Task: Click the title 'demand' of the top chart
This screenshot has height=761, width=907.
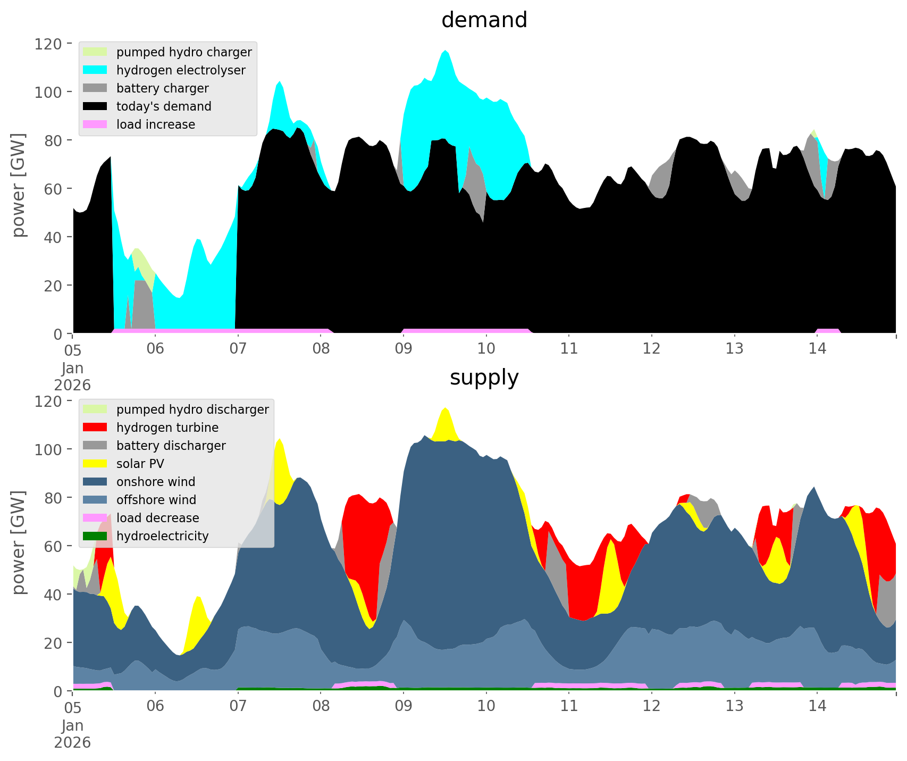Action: (484, 20)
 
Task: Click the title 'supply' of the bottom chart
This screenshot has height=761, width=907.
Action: (484, 378)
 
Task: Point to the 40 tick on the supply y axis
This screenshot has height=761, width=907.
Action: (53, 595)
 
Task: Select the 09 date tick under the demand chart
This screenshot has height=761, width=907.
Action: (404, 349)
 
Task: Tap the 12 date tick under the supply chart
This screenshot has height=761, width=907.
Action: (652, 707)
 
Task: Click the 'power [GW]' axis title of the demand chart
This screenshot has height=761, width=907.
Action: (19, 185)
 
